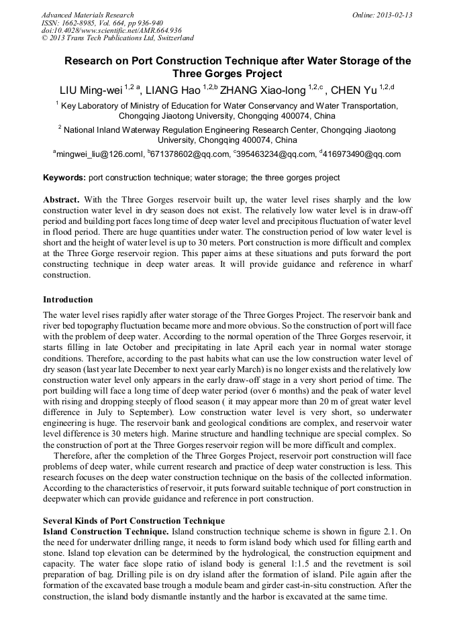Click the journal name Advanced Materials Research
click(x=87, y=15)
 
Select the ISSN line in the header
click(x=101, y=23)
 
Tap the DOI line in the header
click(x=111, y=30)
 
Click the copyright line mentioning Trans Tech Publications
click(x=117, y=38)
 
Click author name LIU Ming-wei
click(x=89, y=91)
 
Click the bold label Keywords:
click(x=64, y=178)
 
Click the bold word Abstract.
click(x=62, y=200)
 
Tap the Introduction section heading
click(x=68, y=299)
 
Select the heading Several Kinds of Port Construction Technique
click(x=134, y=520)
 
